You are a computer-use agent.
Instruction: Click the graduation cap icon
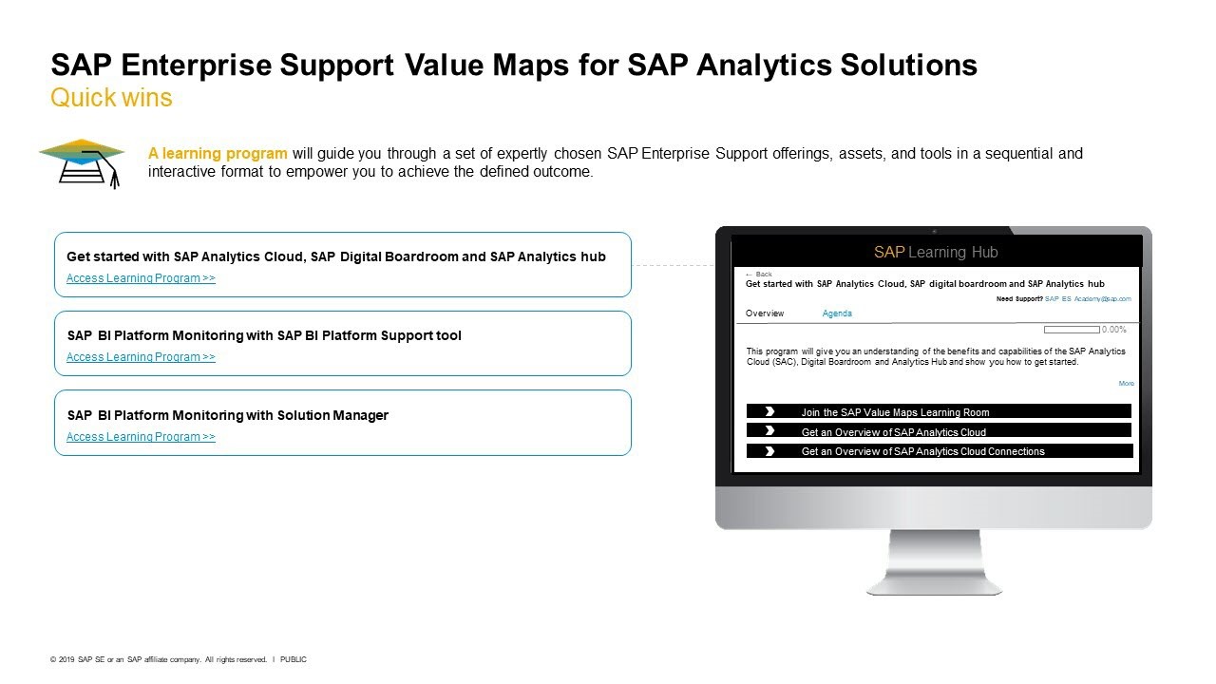[82, 162]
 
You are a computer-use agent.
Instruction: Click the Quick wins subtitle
[111, 98]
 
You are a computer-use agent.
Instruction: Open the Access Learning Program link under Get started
[141, 278]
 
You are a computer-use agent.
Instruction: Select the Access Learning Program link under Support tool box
[141, 356]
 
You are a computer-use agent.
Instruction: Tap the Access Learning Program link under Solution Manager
[141, 436]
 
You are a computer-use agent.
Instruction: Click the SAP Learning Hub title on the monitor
[936, 252]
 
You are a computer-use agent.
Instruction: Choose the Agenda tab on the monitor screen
[837, 313]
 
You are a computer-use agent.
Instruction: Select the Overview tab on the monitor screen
[765, 313]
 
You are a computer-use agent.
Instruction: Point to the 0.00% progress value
[1114, 330]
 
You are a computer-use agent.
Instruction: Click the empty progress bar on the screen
[1072, 330]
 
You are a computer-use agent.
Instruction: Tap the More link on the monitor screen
[1127, 383]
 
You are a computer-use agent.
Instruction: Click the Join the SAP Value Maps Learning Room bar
[939, 411]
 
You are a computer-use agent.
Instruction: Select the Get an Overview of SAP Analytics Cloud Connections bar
[940, 451]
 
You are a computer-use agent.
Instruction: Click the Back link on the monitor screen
[759, 275]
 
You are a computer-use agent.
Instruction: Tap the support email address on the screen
[1088, 298]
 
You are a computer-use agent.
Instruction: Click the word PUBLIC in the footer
[294, 659]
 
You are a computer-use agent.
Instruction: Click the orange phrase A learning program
[218, 154]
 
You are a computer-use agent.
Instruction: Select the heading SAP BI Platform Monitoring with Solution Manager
[228, 415]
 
